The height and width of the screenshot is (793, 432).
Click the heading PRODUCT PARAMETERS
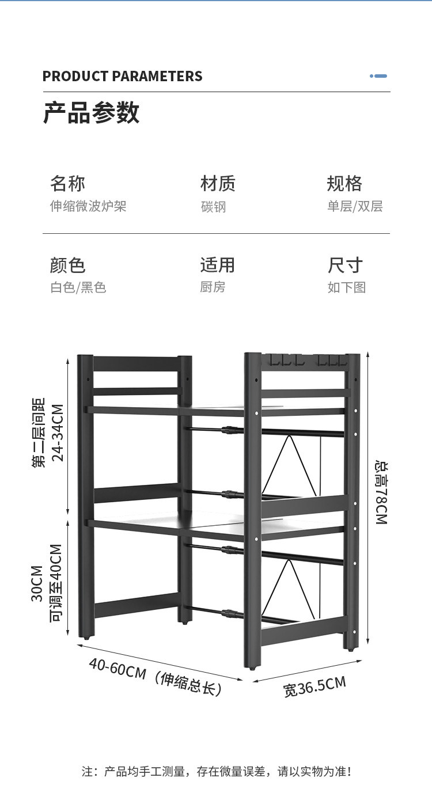pyautogui.click(x=122, y=77)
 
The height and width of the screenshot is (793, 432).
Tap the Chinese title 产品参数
pyautogui.click(x=91, y=112)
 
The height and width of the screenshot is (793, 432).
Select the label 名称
pyautogui.click(x=67, y=184)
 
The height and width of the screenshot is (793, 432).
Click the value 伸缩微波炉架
pyautogui.click(x=88, y=206)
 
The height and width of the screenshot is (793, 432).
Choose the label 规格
pyautogui.click(x=344, y=184)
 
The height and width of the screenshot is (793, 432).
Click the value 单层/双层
pyautogui.click(x=355, y=206)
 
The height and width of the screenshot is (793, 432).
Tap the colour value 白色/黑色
pyautogui.click(x=78, y=287)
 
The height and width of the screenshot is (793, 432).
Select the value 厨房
pyautogui.click(x=213, y=287)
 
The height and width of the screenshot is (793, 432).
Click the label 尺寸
pyautogui.click(x=345, y=265)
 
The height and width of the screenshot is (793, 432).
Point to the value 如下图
pyautogui.click(x=347, y=287)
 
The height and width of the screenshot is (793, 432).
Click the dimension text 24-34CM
pyautogui.click(x=58, y=432)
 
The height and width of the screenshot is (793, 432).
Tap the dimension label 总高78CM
pyautogui.click(x=381, y=491)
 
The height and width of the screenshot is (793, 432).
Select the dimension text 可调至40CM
pyautogui.click(x=56, y=583)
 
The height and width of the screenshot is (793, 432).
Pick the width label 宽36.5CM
pyautogui.click(x=314, y=686)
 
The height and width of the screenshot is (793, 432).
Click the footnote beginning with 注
pyautogui.click(x=216, y=771)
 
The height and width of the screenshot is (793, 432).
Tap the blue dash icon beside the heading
pyautogui.click(x=378, y=76)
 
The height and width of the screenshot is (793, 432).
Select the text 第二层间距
pyautogui.click(x=39, y=432)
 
